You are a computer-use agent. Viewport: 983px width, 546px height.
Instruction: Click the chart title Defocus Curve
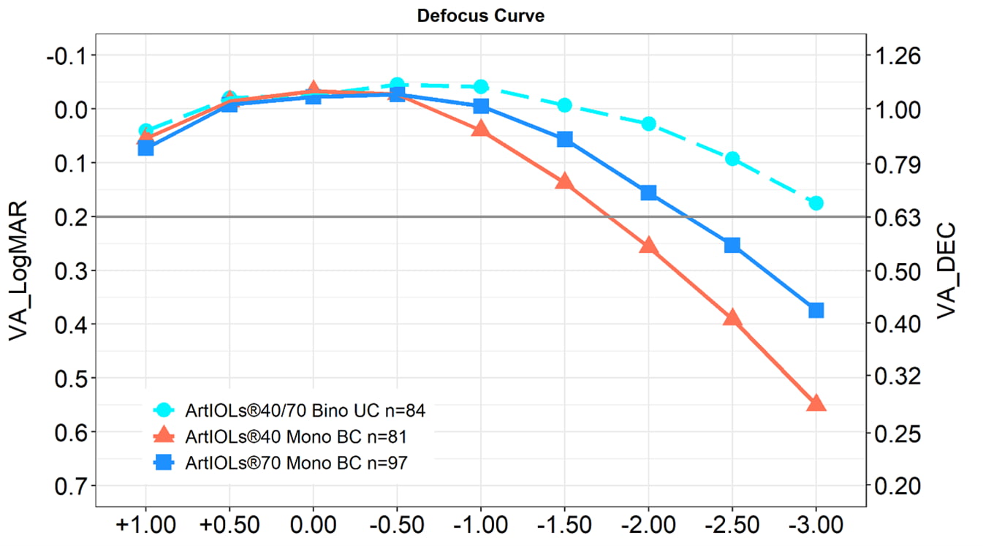pyautogui.click(x=480, y=16)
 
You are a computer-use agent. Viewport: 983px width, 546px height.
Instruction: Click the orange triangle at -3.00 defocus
pyautogui.click(x=816, y=403)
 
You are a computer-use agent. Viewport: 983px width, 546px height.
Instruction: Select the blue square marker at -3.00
pyautogui.click(x=816, y=311)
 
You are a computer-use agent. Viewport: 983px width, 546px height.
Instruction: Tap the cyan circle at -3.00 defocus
pyautogui.click(x=816, y=203)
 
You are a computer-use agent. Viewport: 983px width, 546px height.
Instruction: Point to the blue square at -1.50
pyautogui.click(x=564, y=140)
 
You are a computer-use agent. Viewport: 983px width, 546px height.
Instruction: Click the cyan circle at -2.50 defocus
pyautogui.click(x=732, y=159)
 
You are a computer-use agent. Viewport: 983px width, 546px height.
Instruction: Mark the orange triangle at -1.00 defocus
pyautogui.click(x=480, y=129)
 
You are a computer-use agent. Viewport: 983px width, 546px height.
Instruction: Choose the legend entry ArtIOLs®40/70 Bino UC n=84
pyautogui.click(x=305, y=411)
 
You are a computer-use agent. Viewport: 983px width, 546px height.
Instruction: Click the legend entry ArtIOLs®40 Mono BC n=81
pyautogui.click(x=296, y=436)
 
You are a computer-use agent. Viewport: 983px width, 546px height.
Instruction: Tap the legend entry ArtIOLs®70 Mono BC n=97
pyautogui.click(x=296, y=462)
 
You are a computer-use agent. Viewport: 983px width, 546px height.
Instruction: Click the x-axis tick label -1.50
pyautogui.click(x=564, y=525)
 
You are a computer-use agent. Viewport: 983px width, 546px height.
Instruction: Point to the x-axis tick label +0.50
pyautogui.click(x=229, y=525)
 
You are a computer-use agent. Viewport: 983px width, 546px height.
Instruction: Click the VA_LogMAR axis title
pyautogui.click(x=20, y=270)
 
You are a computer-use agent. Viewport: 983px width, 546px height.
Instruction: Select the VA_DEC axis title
pyautogui.click(x=947, y=270)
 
